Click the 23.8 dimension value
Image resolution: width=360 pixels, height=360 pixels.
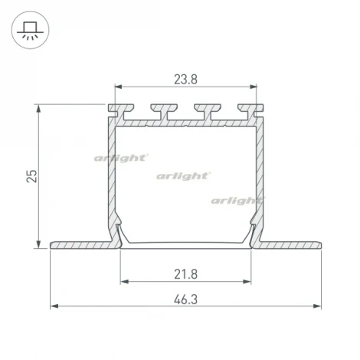click(x=185, y=80)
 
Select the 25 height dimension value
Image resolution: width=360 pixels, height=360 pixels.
click(x=32, y=176)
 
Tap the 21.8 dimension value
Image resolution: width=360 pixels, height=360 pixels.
click(x=185, y=274)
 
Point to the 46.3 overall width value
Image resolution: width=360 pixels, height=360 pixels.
click(x=185, y=299)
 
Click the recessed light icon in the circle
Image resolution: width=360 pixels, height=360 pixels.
click(x=30, y=31)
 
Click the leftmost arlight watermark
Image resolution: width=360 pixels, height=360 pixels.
click(x=121, y=159)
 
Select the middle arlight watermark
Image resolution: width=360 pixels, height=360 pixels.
click(x=184, y=176)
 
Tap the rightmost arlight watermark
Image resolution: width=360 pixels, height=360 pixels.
click(x=238, y=201)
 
